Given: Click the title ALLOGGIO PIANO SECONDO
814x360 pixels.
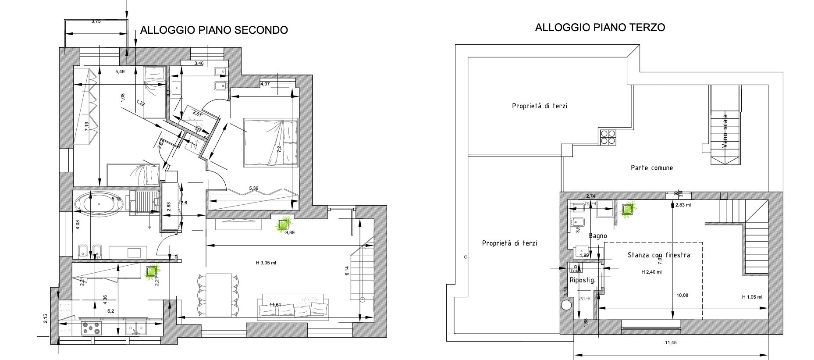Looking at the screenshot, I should pos(214,30).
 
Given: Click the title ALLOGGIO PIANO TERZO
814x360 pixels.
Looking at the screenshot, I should pos(600,28).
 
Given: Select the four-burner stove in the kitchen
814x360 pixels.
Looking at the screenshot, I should pos(92,328).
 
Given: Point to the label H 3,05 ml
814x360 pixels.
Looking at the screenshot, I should pos(266,263).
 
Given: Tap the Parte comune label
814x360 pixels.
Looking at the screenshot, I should pos(651,168).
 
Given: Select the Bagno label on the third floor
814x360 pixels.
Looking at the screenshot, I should pos(598,236).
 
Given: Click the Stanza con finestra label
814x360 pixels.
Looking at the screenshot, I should pos(658,255).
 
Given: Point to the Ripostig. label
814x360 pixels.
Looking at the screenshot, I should pos(583,281).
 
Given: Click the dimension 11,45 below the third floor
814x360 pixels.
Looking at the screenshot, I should pos(671,343).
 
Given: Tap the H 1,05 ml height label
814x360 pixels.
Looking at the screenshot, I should pos(752,297).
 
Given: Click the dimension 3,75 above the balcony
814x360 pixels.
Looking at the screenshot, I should pos(96,21).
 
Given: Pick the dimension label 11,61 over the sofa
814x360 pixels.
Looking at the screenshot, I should pos(275,305).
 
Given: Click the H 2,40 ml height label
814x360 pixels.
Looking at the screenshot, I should pos(651,272).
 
